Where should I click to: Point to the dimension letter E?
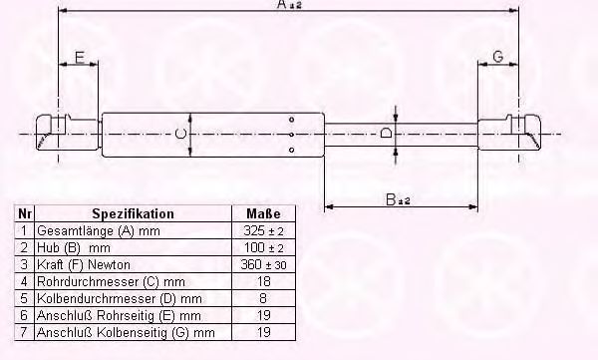pyautogui.click(x=79, y=58)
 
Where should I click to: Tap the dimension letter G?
pyautogui.click(x=497, y=58)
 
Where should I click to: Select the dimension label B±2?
pyautogui.click(x=397, y=199)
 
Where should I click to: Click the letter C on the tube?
pyautogui.click(x=180, y=134)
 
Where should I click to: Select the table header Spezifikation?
pyautogui.click(x=133, y=213)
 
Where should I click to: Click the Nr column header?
pyautogui.click(x=25, y=213)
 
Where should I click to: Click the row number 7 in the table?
pyautogui.click(x=25, y=332)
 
